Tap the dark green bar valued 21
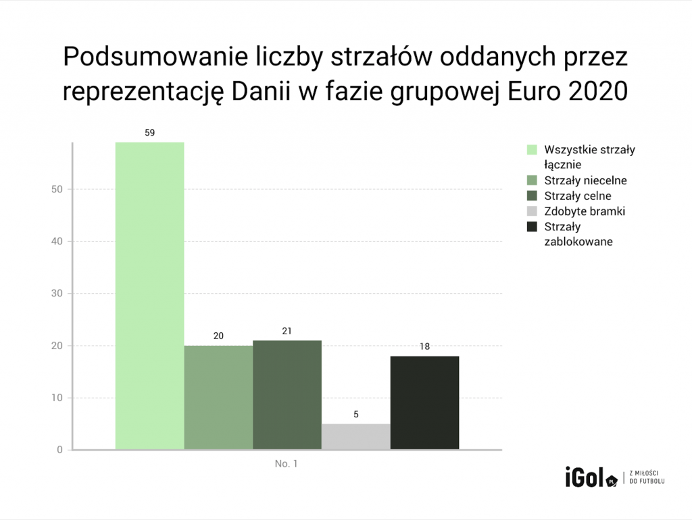click(287, 394)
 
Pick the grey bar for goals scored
click(356, 436)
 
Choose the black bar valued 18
click(425, 402)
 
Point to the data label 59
click(149, 133)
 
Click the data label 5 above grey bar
click(356, 415)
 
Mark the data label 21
click(287, 331)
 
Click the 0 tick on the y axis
click(59, 450)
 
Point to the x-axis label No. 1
click(287, 465)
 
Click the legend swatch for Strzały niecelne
click(532, 181)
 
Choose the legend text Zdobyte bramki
click(585, 211)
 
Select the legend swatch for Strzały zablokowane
click(532, 226)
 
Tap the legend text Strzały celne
click(578, 196)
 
